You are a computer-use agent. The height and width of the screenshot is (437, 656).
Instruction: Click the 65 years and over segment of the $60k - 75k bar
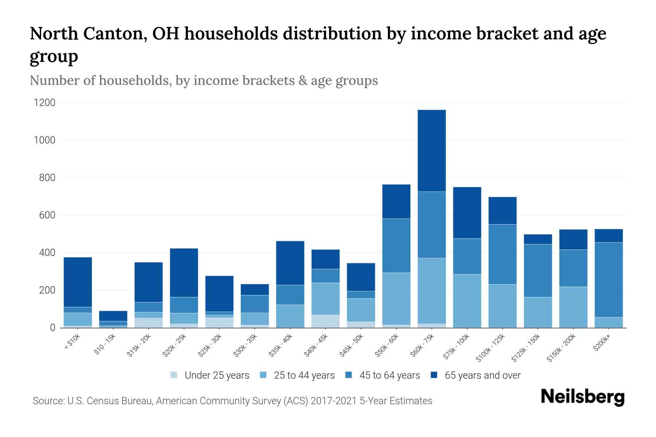432,150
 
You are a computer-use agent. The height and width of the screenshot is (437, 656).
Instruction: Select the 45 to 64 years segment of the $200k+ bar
609,279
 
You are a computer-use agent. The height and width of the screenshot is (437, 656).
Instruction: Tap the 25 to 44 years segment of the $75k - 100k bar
467,301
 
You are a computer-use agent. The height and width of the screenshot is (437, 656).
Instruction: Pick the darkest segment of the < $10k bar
78,282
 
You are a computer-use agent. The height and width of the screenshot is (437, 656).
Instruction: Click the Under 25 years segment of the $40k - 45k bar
325,321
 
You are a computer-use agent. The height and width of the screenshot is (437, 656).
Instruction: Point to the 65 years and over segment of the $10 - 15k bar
113,316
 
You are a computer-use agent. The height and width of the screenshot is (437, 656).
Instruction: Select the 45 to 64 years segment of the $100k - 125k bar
502,254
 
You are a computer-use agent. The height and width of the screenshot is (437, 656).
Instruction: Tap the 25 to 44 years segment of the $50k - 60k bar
396,298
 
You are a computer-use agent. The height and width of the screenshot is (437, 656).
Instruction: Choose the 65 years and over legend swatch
434,375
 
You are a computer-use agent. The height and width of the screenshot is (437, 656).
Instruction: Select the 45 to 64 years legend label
389,375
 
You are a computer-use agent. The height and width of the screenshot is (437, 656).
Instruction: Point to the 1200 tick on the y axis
44,103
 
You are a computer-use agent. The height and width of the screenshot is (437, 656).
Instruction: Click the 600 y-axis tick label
47,215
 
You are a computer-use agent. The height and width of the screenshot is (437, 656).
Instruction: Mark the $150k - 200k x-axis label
561,348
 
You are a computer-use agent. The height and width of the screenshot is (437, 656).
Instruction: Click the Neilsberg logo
582,397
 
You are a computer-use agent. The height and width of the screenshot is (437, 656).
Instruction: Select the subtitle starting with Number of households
204,80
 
